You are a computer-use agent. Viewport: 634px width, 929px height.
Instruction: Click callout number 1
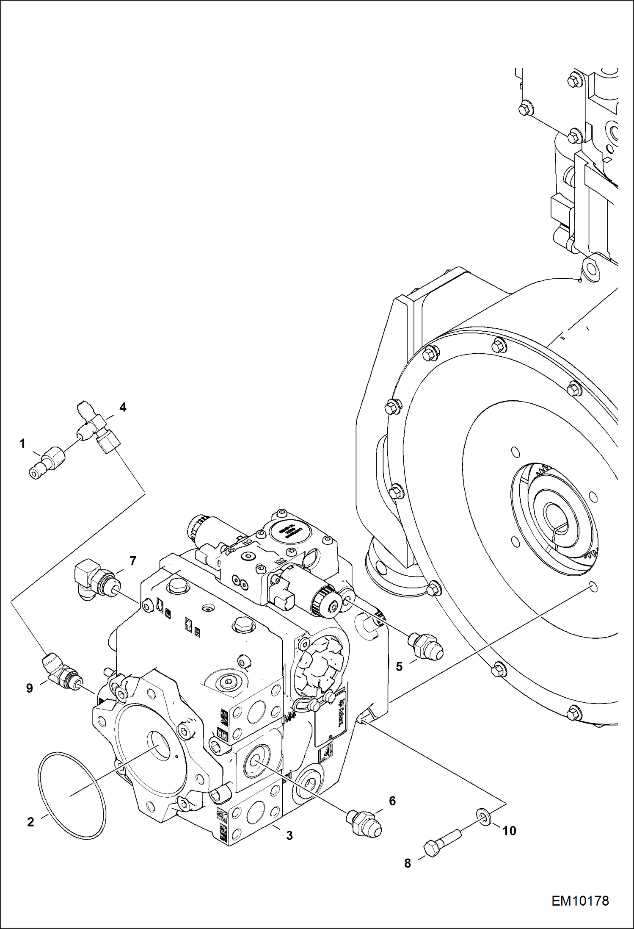pyautogui.click(x=22, y=444)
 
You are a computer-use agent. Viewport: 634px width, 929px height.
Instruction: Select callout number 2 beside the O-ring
pyautogui.click(x=30, y=822)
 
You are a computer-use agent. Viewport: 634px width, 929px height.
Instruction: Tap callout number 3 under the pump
pyautogui.click(x=289, y=835)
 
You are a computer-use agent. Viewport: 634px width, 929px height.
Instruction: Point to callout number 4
pyautogui.click(x=123, y=408)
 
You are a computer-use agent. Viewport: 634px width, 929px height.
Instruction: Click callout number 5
pyautogui.click(x=399, y=666)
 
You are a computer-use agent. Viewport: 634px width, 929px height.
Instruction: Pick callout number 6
pyautogui.click(x=392, y=801)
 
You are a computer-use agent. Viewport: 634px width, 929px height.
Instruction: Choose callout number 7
pyautogui.click(x=133, y=561)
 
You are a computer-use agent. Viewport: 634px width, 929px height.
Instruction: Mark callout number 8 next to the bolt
pyautogui.click(x=408, y=863)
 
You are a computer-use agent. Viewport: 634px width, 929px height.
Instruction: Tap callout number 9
pyautogui.click(x=29, y=688)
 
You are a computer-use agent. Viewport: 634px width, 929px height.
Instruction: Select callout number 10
pyautogui.click(x=509, y=831)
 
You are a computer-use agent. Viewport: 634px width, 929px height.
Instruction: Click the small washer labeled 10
pyautogui.click(x=483, y=816)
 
